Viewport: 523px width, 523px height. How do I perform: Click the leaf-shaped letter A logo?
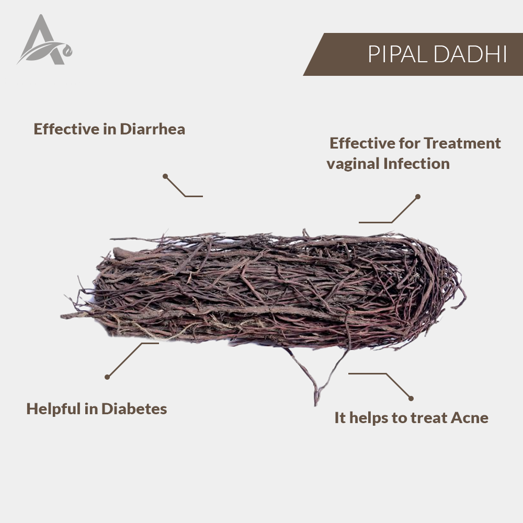coord(44,40)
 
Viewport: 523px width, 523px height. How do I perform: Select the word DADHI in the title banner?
coord(471,54)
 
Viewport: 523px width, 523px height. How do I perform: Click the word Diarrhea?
coord(152,129)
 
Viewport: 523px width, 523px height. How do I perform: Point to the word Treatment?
coord(462,143)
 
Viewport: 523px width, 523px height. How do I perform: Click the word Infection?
coord(417,163)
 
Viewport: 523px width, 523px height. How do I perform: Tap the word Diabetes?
coord(134,408)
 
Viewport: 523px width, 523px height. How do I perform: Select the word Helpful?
coord(53,410)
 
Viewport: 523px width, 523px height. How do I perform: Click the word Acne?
coord(470,417)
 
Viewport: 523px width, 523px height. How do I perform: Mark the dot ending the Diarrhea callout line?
coord(165,176)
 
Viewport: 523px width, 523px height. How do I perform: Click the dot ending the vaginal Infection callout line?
coord(417,197)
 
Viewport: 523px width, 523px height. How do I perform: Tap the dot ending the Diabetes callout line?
coord(107,377)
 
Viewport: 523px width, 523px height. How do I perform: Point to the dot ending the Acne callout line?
coord(411,398)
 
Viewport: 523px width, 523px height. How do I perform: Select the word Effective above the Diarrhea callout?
coord(67,129)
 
